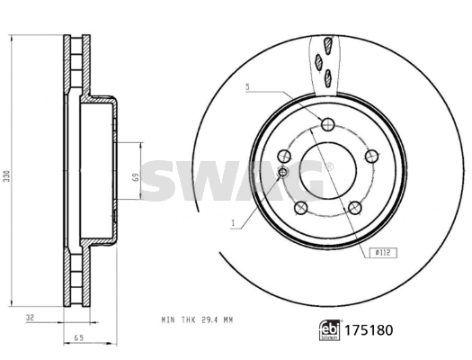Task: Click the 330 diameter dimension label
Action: point(6,176)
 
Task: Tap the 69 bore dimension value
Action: point(136,176)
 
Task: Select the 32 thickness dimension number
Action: point(30,317)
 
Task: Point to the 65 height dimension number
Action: point(79,337)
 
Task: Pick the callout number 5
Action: point(248,87)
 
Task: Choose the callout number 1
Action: point(233,223)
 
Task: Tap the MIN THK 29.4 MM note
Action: point(197,319)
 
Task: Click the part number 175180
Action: point(369,330)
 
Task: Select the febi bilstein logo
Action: point(330,330)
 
